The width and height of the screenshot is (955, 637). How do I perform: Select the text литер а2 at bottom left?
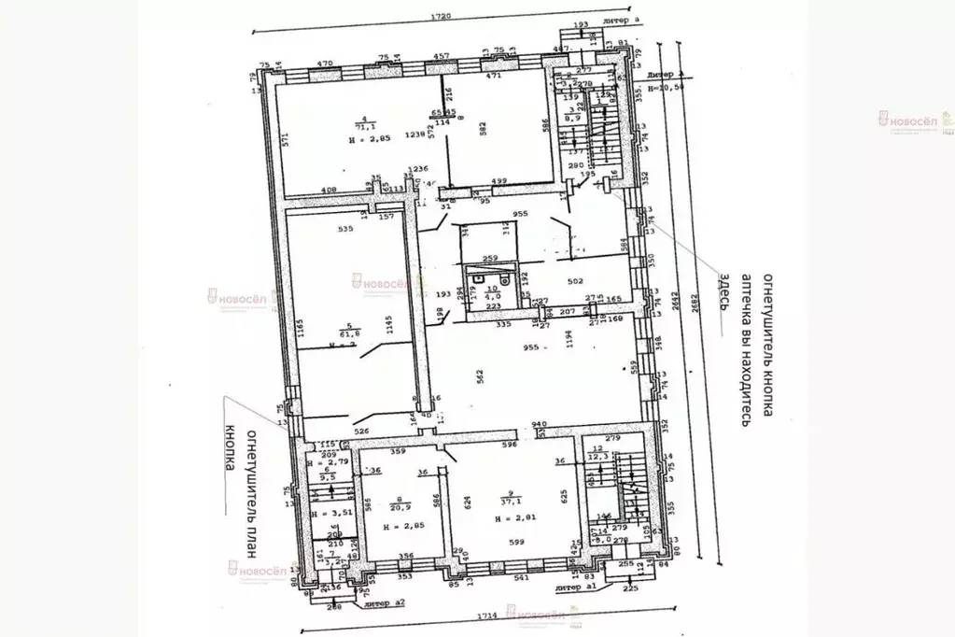386,605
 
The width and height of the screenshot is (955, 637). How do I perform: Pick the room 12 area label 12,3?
598,455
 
